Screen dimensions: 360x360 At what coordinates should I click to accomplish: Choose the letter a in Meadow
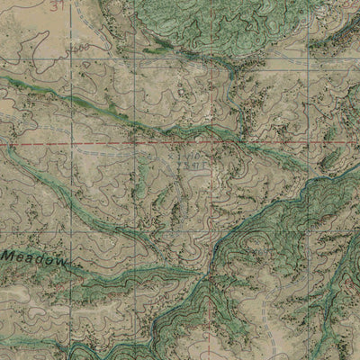[x=31, y=258]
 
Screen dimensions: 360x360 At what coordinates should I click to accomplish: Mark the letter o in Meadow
[x=51, y=259]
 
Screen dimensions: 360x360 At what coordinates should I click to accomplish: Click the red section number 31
[x=59, y=7]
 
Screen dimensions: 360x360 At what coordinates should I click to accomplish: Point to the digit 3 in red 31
[x=56, y=7]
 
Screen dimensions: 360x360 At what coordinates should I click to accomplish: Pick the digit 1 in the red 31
[x=63, y=7]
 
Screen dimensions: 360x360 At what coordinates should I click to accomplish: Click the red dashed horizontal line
[x=108, y=143]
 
